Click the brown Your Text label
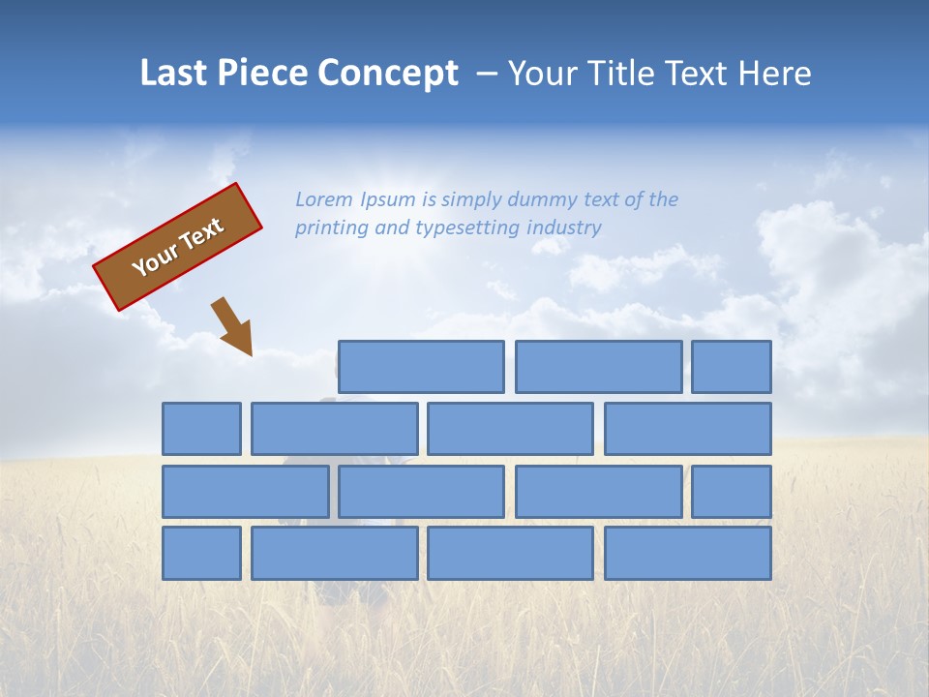click(x=178, y=247)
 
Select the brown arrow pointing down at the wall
click(x=233, y=326)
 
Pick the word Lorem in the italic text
click(x=324, y=200)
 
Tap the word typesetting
click(x=467, y=228)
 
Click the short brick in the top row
click(x=732, y=367)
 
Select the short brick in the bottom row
click(x=201, y=553)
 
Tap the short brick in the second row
click(x=201, y=429)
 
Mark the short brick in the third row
click(x=732, y=491)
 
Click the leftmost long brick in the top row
click(x=421, y=367)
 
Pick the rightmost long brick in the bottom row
click(x=688, y=553)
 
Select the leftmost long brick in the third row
click(x=245, y=491)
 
